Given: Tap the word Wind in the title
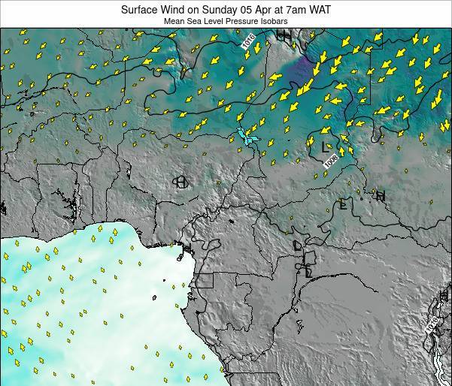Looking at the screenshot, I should pos(177,10).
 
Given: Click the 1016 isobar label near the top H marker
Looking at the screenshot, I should pos(249,46).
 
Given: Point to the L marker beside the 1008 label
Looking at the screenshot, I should pos(325,146).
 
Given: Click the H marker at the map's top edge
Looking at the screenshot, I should pos(283,35).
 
